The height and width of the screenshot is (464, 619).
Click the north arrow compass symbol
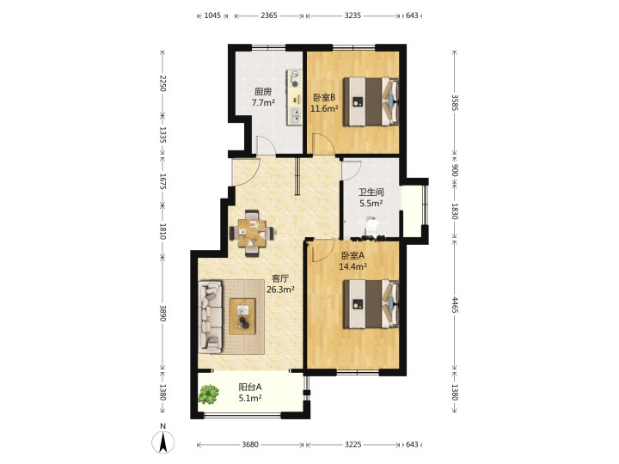tap(162, 442)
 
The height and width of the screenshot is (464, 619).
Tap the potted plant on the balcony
tap(208, 394)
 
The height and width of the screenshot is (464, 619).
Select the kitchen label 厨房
tap(263, 92)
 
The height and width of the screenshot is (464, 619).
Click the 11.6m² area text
tap(324, 108)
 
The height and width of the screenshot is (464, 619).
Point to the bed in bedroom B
tap(371, 101)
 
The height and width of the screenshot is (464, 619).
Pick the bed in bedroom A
tap(371, 304)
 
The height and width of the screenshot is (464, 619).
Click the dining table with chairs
tap(252, 233)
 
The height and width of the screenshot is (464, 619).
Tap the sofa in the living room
tap(210, 317)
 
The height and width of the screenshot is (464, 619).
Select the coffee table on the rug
tap(242, 316)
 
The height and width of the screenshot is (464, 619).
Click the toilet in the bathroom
tap(371, 227)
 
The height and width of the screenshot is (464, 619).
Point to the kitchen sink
tap(295, 116)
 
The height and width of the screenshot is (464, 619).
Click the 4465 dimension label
tap(455, 304)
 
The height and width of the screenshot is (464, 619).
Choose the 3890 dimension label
tap(162, 313)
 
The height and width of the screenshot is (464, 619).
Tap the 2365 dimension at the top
tap(269, 15)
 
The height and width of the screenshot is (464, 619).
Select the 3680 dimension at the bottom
tap(250, 444)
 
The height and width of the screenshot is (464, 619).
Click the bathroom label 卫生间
tap(371, 192)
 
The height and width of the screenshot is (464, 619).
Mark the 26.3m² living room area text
tap(280, 290)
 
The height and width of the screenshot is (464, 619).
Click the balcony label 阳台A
tap(250, 387)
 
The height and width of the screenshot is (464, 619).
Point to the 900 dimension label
tap(455, 170)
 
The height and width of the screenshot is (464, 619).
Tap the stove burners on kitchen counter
tap(295, 79)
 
